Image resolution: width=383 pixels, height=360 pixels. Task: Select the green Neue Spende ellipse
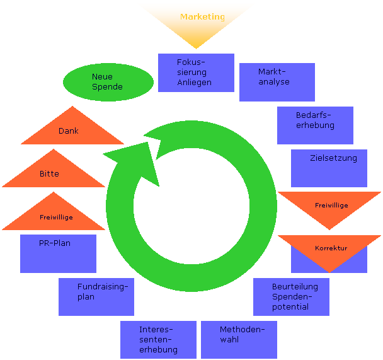point(108,82)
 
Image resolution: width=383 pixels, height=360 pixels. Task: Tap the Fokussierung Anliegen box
point(196,73)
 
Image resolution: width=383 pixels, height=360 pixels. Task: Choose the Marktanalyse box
point(277,82)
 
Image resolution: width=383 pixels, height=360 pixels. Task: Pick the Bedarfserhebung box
point(315,125)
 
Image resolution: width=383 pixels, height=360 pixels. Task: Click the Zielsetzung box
point(329,168)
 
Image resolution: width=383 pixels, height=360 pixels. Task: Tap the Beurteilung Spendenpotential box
point(291,296)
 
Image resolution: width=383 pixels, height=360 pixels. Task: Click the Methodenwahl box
point(239,339)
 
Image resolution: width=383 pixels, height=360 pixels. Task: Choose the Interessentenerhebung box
point(158,339)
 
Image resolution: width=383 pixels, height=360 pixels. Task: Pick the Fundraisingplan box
point(96,296)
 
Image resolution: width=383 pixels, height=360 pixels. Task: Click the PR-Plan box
point(58,253)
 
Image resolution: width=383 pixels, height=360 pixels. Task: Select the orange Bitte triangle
point(53,173)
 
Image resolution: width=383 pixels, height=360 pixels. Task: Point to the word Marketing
point(202,17)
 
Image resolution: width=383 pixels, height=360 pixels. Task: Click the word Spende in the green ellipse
point(107,87)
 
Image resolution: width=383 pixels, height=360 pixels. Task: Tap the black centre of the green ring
point(191,208)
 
